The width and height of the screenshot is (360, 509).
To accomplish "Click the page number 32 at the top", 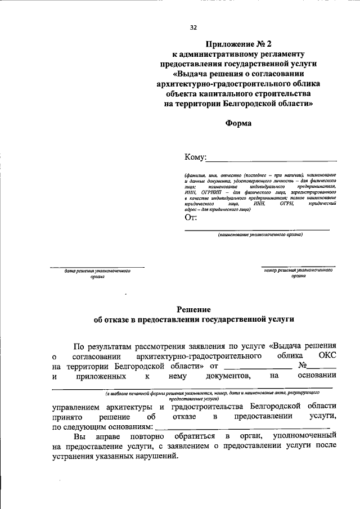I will (x=193, y=26).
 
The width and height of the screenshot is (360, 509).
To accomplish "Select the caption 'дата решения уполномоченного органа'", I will (x=97, y=273).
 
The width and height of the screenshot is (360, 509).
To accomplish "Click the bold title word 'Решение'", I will (x=193, y=309).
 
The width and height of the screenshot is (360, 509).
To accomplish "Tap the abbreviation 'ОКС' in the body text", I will (x=327, y=357).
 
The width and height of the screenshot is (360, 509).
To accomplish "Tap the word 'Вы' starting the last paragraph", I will (x=80, y=436).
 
